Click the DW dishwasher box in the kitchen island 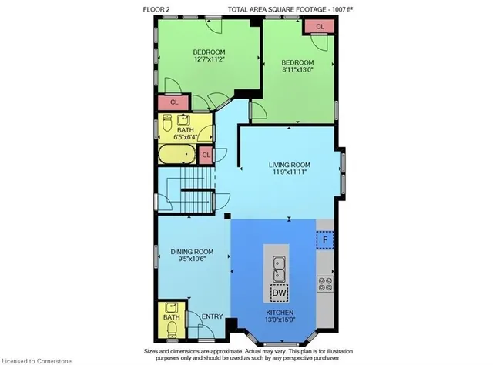(279, 293)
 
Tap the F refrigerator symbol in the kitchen (325, 240)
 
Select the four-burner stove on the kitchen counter (325, 283)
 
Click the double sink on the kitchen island (279, 269)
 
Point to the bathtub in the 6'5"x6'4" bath (177, 154)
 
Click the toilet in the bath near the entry (172, 330)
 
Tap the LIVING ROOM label (290, 165)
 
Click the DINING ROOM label (192, 252)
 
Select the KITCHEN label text (280, 313)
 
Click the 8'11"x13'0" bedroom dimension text (297, 69)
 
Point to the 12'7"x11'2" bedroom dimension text (209, 59)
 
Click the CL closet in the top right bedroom (318, 27)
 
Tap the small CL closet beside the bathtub (206, 155)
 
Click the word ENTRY (213, 316)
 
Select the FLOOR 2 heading (156, 9)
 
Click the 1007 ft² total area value (342, 9)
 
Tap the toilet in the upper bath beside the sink (166, 123)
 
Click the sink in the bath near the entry (172, 307)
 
